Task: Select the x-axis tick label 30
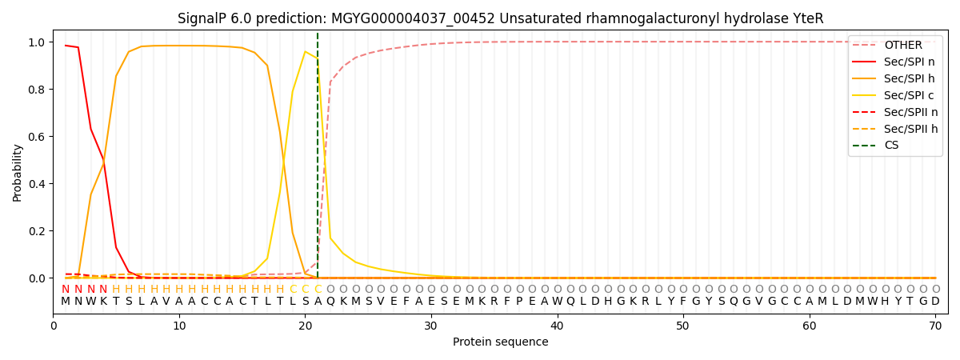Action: coord(431,326)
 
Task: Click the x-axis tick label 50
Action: coord(683,326)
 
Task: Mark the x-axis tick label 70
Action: coord(935,326)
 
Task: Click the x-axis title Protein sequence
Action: coord(500,342)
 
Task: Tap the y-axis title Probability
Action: coord(17,172)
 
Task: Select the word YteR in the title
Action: coord(808,18)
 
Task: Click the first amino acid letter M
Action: coord(66,302)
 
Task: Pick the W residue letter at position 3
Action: coord(90,302)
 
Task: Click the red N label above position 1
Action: coord(66,290)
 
